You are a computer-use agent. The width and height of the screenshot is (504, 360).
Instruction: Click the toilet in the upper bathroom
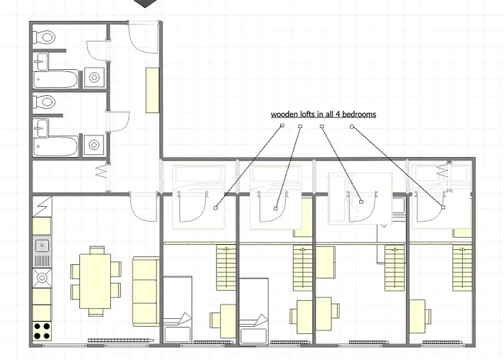[45, 37]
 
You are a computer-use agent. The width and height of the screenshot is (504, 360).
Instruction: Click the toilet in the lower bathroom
[44, 102]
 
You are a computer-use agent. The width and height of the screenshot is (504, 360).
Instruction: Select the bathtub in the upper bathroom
[56, 79]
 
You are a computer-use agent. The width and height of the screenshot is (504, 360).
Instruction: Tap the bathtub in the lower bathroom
[55, 147]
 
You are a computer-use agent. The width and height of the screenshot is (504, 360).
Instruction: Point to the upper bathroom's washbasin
[41, 61]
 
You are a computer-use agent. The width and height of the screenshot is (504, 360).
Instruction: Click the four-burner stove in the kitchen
[42, 331]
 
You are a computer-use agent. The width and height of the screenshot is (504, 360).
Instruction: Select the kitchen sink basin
[42, 246]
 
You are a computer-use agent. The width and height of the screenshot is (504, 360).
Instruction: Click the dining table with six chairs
[96, 281]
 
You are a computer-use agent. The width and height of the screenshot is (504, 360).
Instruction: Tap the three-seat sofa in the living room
[146, 292]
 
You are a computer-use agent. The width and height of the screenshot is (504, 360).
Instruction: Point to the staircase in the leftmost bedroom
[226, 267]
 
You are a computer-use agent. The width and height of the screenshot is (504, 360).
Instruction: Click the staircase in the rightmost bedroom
[462, 267]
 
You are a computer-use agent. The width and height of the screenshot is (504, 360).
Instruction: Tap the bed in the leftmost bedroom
[178, 309]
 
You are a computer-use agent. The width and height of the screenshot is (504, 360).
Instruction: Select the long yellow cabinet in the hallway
[153, 90]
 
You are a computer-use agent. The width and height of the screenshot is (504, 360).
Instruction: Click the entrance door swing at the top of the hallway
[143, 37]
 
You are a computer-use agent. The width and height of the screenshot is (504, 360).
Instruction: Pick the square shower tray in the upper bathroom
[94, 78]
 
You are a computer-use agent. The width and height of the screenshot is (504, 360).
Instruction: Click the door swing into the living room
[143, 207]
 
